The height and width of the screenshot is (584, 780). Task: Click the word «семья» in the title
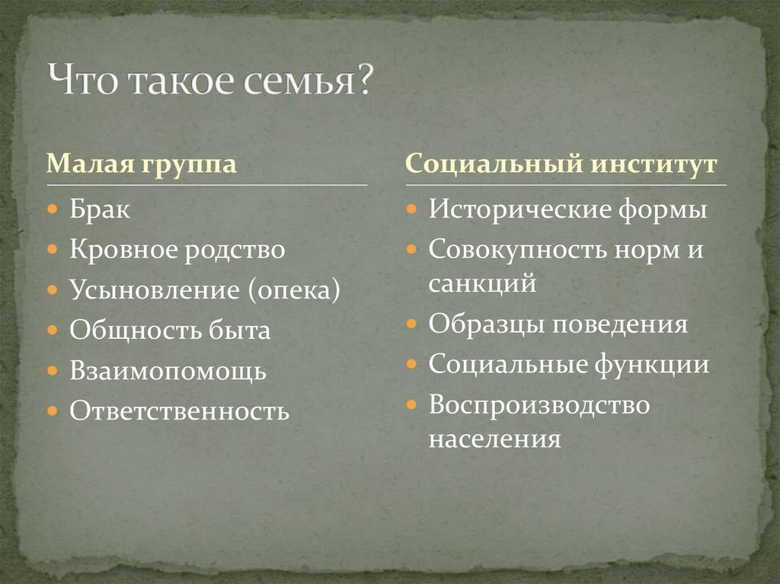point(305,81)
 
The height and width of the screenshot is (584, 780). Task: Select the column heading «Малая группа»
point(141,164)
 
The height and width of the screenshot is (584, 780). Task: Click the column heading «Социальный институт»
point(562,164)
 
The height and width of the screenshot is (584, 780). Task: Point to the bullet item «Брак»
point(100,209)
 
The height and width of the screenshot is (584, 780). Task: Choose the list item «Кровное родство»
point(177,250)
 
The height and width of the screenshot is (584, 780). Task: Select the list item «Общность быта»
point(170,331)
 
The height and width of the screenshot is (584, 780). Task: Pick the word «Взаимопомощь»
point(168,372)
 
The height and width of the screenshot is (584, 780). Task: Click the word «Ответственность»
point(179,412)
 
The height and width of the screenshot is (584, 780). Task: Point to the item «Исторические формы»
point(567,209)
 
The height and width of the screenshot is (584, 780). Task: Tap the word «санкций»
point(482,284)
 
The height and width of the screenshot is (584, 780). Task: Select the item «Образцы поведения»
point(558,324)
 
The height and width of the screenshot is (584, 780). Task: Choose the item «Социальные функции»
point(569,365)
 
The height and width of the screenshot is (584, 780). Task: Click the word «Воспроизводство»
point(539,405)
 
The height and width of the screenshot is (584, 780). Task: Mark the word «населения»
point(494,440)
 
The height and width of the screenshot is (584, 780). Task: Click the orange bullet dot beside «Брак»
point(52,209)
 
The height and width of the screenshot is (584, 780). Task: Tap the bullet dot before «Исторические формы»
point(411,209)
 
